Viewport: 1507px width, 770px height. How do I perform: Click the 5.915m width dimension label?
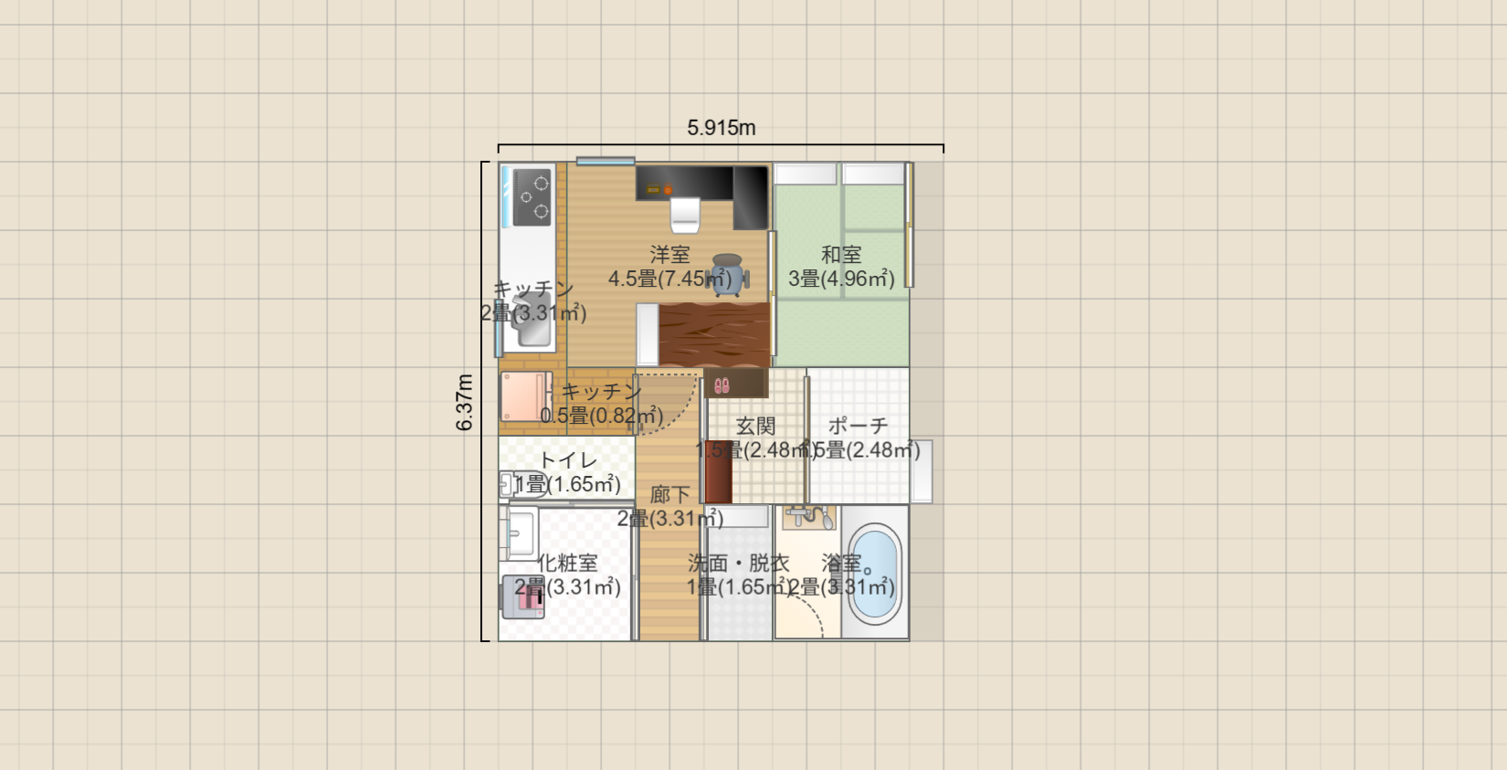click(x=721, y=128)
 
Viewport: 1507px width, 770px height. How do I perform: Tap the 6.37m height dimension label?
click(x=465, y=402)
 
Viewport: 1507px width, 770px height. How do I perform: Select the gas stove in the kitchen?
click(x=532, y=197)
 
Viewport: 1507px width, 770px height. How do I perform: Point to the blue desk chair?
click(x=728, y=274)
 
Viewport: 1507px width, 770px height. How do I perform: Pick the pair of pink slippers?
click(x=722, y=385)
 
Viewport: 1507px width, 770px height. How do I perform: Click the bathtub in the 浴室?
click(x=874, y=574)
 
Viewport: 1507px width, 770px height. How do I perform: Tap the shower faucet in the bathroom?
click(x=809, y=517)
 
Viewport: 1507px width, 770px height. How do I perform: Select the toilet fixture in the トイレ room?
click(x=508, y=484)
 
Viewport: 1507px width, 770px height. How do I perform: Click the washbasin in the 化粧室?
click(x=522, y=532)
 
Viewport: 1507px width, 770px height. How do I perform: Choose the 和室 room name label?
click(x=841, y=255)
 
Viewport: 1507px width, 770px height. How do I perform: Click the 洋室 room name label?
click(x=669, y=255)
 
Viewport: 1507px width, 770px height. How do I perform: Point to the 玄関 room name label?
click(x=755, y=427)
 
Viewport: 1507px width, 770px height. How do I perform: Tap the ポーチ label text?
click(x=858, y=427)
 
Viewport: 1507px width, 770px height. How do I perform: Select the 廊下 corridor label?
click(x=669, y=495)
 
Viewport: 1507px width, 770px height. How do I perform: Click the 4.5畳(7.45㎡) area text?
click(x=669, y=279)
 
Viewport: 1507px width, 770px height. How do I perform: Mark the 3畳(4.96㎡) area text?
click(x=841, y=279)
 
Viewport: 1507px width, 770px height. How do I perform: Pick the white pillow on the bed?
click(x=648, y=334)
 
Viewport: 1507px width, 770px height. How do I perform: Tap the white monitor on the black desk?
click(x=685, y=215)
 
